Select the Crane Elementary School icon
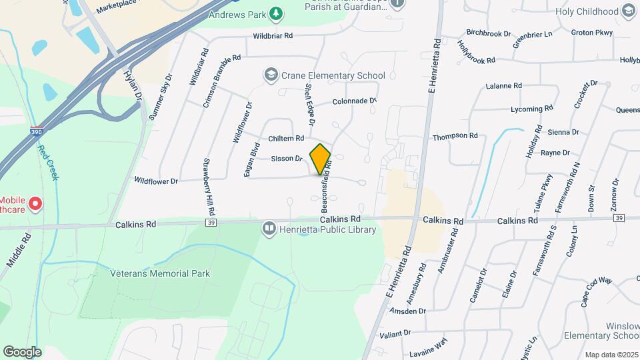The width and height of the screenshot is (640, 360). pyautogui.click(x=271, y=75)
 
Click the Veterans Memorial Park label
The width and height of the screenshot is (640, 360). pyautogui.click(x=160, y=273)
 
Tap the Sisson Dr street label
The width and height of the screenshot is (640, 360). pyautogui.click(x=287, y=159)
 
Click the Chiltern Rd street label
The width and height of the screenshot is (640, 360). pyautogui.click(x=285, y=138)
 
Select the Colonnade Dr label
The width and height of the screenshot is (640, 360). pyautogui.click(x=355, y=101)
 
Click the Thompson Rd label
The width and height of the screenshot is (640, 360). pyautogui.click(x=455, y=136)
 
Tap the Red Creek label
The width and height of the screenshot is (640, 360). pyautogui.click(x=48, y=163)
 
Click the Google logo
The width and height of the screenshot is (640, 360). pyautogui.click(x=22, y=352)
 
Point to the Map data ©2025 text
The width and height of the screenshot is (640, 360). pyautogui.click(x=611, y=355)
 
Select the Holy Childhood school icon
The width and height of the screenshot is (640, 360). pyautogui.click(x=628, y=11)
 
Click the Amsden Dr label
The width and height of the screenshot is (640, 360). pyautogui.click(x=408, y=311)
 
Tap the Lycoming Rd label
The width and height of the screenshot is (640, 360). pyautogui.click(x=531, y=108)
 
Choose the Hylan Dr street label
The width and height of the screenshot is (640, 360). pyautogui.click(x=133, y=87)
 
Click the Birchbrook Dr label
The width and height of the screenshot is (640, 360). pyautogui.click(x=489, y=33)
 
